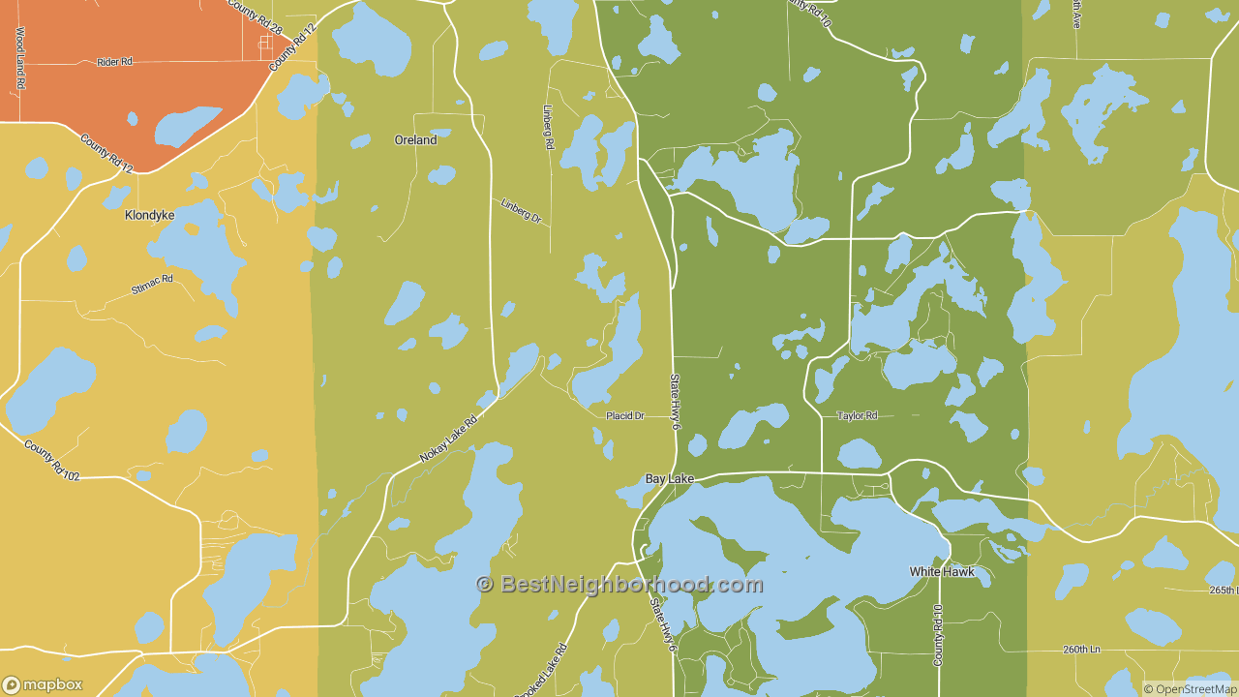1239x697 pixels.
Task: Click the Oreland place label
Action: coord(415,140)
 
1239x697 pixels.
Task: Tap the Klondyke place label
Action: coord(149,215)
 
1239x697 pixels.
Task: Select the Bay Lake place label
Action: coord(670,479)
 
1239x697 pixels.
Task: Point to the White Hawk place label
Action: coord(941,572)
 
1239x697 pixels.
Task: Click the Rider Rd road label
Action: coord(114,62)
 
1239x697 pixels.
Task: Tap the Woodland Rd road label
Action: coord(19,58)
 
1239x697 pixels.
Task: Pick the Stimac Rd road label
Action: coord(152,285)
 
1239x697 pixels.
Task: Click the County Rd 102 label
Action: coord(52,461)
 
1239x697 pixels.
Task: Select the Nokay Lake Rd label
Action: coord(449,438)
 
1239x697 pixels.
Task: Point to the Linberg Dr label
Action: coord(521,210)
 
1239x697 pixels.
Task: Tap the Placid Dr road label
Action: coord(624,416)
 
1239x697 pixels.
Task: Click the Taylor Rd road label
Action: coord(857,416)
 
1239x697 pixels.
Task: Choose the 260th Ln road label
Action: coord(1081,650)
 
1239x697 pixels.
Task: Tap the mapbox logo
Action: coord(43,684)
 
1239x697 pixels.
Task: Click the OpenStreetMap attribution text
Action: coord(1190,689)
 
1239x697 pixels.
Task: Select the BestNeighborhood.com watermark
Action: coord(619,585)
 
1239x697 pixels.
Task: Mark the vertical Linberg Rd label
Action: coord(548,127)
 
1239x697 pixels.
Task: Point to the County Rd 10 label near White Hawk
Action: coord(937,635)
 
